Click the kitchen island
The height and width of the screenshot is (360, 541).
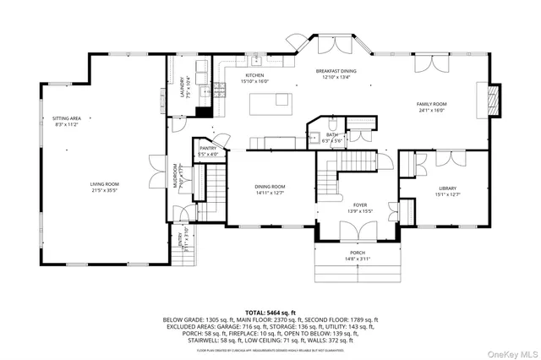[270, 104]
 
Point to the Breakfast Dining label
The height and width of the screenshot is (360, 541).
[336, 71]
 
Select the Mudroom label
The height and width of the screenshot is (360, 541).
[176, 177]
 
